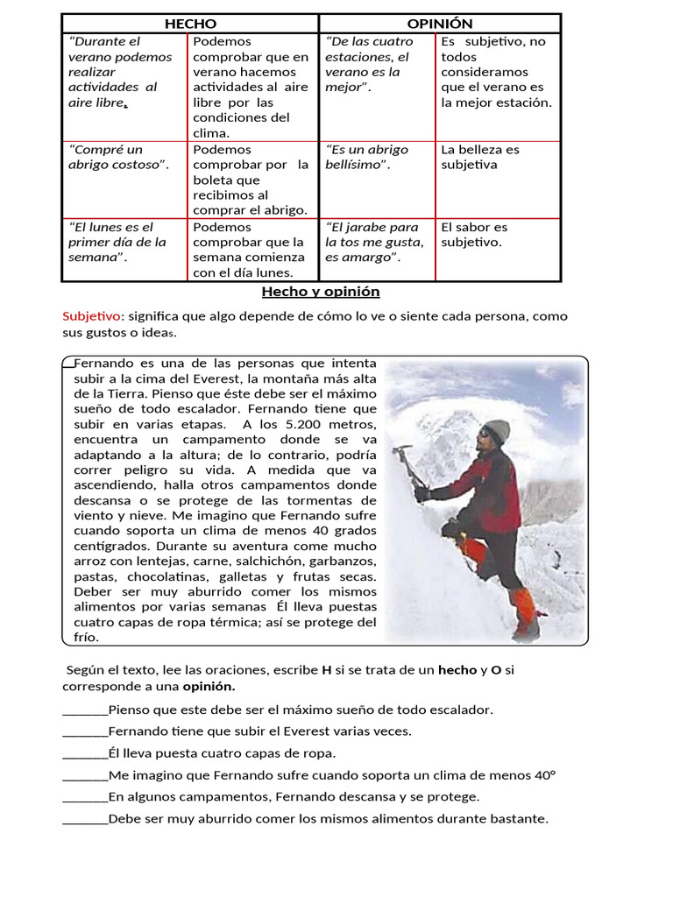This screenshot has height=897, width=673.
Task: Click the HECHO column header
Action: [190, 24]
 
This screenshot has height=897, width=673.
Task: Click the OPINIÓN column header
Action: [440, 24]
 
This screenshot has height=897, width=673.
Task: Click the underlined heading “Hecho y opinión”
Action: [320, 292]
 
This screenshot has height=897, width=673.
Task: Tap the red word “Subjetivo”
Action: [89, 316]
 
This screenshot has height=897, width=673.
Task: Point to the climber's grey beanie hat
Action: [496, 429]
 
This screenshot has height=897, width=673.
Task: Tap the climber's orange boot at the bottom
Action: [526, 613]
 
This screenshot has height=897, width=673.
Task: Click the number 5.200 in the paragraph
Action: [283, 425]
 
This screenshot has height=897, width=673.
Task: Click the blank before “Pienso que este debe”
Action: [85, 710]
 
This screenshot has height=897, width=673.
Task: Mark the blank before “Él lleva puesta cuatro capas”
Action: [85, 753]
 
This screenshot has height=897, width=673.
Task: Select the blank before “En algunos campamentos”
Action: [85, 797]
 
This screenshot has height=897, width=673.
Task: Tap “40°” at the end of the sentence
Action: [546, 775]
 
